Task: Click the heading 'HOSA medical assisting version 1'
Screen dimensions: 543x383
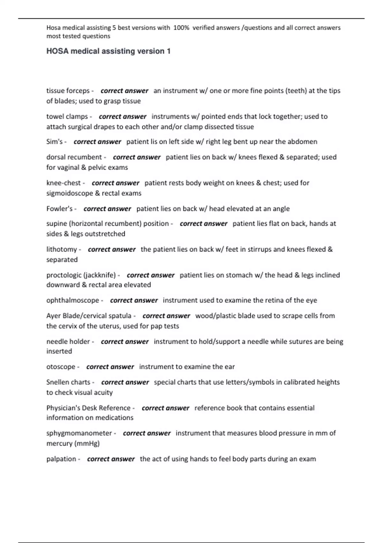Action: coord(109,51)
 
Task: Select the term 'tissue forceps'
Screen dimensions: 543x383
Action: coord(68,91)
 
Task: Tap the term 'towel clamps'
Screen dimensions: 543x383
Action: coord(67,117)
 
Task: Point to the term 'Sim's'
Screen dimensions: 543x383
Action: coord(55,142)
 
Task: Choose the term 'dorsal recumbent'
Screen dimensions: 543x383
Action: coord(74,157)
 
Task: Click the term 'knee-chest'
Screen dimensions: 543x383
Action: coord(64,183)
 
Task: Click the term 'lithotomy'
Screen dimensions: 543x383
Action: coord(62,249)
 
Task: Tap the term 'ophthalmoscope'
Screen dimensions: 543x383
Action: coord(73,301)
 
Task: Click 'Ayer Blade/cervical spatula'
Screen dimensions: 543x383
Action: coord(89,316)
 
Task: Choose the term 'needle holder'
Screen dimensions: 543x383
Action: coord(68,342)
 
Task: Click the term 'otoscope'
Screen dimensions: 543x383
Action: coord(61,367)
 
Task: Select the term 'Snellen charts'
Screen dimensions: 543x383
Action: coord(68,382)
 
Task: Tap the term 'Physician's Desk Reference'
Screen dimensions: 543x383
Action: coord(88,408)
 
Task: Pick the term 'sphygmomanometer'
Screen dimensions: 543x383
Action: coord(79,433)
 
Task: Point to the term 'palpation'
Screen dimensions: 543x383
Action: coord(61,459)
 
